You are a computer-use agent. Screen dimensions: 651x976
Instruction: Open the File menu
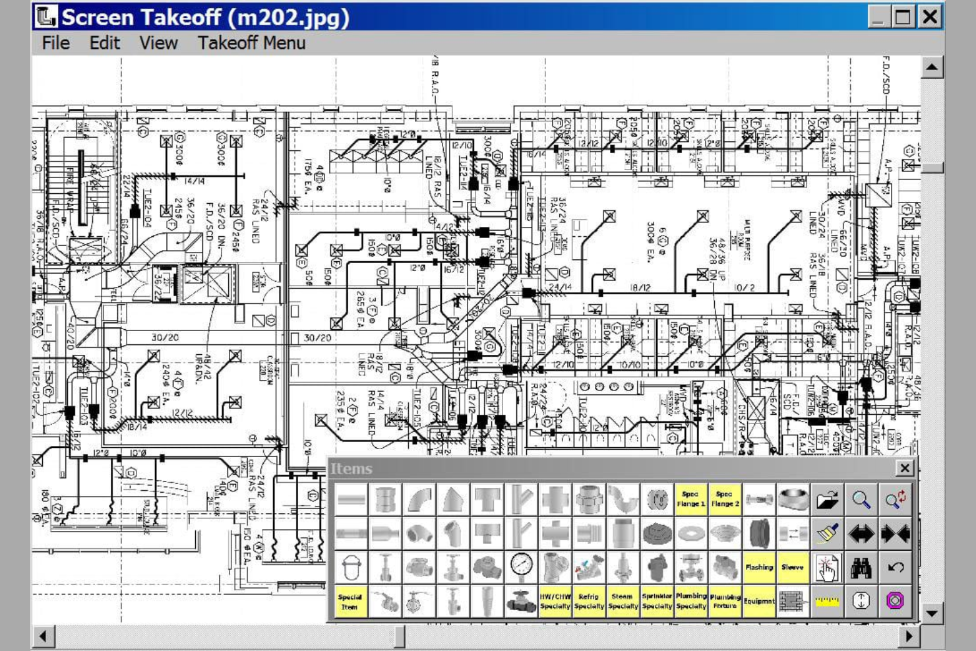55,43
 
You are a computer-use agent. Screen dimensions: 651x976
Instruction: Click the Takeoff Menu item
251,43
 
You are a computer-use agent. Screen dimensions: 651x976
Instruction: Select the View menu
158,43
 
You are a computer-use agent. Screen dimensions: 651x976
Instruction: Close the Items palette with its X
904,468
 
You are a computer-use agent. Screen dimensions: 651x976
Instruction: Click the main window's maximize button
903,16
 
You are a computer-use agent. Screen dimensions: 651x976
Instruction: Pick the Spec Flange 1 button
690,499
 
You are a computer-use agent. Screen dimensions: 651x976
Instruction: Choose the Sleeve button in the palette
793,567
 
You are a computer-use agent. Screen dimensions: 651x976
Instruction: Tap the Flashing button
759,567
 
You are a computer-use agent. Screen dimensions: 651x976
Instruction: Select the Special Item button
350,602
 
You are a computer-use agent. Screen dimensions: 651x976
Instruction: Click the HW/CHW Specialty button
555,602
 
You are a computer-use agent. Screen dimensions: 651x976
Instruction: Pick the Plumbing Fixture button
725,602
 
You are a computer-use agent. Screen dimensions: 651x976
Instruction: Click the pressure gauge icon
521,567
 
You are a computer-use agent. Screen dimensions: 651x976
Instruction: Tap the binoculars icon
861,567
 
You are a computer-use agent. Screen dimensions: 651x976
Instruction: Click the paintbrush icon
827,533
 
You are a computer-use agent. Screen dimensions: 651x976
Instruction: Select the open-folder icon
827,499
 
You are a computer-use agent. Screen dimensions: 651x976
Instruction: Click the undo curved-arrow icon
895,567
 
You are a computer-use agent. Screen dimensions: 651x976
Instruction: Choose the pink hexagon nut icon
895,602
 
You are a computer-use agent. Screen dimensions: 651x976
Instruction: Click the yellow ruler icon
827,602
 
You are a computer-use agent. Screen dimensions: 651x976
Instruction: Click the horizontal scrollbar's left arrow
44,636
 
